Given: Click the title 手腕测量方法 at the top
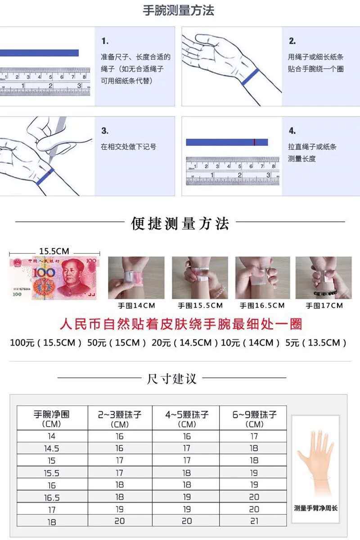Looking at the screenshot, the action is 179,10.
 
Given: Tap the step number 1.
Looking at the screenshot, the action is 105,41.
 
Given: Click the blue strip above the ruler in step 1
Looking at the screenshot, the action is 39,53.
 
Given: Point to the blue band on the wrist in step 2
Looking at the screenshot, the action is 250,77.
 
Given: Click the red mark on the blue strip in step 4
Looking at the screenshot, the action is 254,142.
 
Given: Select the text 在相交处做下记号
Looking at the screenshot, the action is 129,147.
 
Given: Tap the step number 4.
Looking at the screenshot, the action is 292,131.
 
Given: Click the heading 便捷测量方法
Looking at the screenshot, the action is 180,224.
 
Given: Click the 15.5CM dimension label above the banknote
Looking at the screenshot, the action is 54,251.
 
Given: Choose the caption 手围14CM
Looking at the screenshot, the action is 136,306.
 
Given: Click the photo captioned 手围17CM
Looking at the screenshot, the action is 324,278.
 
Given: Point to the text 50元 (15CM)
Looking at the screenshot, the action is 117,343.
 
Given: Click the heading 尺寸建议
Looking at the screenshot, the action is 172,378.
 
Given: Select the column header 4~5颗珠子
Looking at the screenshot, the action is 187,414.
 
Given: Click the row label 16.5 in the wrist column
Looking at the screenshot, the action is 52,498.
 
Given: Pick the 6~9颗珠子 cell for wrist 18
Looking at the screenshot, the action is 254,521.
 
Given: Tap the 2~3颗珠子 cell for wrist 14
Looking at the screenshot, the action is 120,436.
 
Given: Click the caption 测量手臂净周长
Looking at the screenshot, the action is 315,508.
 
